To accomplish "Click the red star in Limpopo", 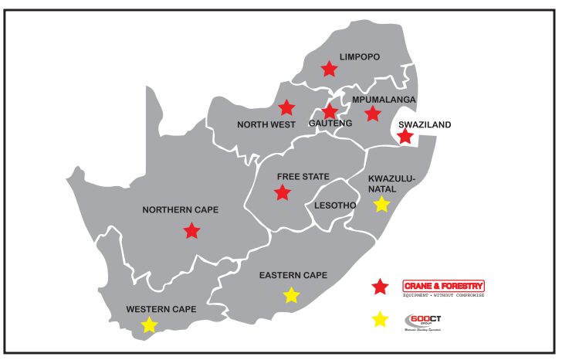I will pos(330,69).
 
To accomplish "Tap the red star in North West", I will pos(286,107).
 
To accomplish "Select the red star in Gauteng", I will pos(330,111).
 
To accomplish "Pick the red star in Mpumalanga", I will pos(373,114).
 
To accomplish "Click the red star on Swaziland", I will pos(405,137).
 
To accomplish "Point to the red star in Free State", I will pos(283,192).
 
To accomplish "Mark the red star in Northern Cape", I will pos(191,230).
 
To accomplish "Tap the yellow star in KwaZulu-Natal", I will pos(381,204).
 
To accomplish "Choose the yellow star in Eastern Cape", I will pos(291,294).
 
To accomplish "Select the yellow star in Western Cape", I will pos(149,325).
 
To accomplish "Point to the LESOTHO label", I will pos(334,205).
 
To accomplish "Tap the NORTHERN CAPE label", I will pos(181,209).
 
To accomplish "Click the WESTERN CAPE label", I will pos(161,309).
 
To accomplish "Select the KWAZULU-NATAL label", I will pos(392,183).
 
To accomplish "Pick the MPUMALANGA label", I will pos(384,100).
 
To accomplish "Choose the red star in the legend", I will pos(380,287).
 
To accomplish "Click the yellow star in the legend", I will pos(380,319).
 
